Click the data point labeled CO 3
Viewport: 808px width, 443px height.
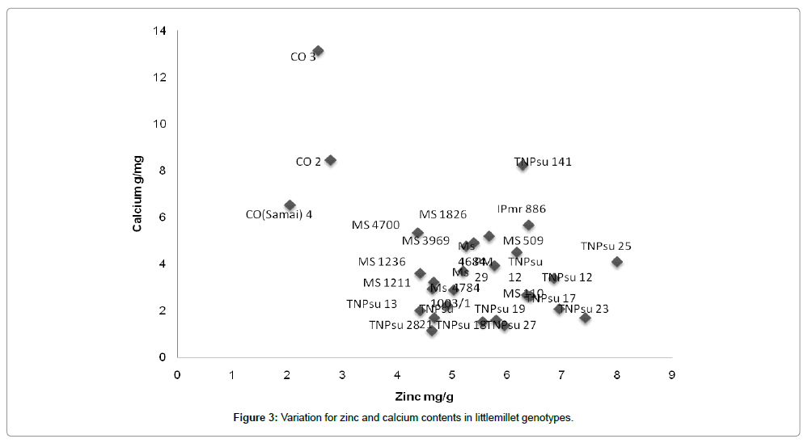(x=318, y=51)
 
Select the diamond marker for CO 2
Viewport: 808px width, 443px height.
(x=330, y=160)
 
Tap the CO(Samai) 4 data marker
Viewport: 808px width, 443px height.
(x=290, y=205)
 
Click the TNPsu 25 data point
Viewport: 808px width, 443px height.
(x=617, y=262)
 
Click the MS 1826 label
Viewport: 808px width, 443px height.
(x=442, y=214)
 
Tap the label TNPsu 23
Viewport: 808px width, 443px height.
(x=585, y=309)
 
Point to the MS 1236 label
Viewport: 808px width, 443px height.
(x=382, y=262)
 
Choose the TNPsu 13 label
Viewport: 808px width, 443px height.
(x=371, y=304)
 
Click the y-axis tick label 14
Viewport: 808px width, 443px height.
(x=162, y=31)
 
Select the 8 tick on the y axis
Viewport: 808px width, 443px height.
(x=164, y=171)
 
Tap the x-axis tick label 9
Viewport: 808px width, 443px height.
(x=671, y=374)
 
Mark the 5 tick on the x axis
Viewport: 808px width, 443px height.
(x=452, y=374)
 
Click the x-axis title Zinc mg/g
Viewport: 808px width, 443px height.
(x=424, y=397)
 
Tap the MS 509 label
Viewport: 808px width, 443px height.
(x=523, y=241)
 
